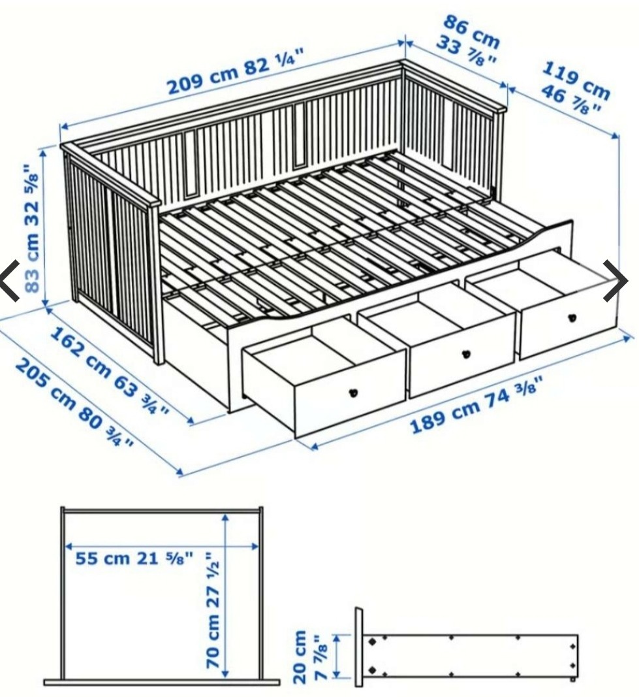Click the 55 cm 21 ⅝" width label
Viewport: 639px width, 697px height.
pos(134,559)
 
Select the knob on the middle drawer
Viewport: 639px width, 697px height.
pos(466,354)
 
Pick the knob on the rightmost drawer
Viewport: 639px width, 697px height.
pos(572,318)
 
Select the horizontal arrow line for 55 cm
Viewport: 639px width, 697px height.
pos(163,545)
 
